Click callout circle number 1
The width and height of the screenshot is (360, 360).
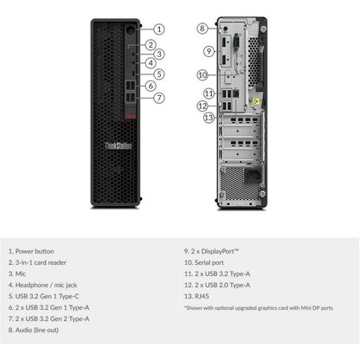(x=159, y=29)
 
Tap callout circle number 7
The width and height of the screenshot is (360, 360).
(x=159, y=98)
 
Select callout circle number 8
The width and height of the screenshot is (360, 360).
(x=202, y=29)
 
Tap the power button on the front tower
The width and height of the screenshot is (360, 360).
(x=130, y=29)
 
